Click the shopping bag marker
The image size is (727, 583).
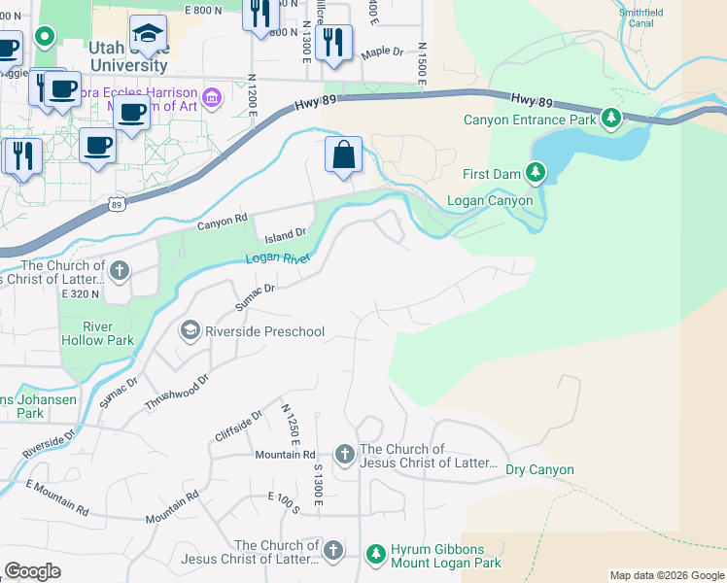[x=343, y=154]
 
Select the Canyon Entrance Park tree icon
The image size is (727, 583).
[x=610, y=120]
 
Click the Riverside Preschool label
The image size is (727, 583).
[x=264, y=331]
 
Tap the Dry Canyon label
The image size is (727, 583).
[x=539, y=470]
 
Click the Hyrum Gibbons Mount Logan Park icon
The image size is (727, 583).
[x=376, y=554]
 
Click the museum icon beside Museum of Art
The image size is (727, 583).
[x=212, y=97]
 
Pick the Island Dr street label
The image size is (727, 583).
[x=287, y=232]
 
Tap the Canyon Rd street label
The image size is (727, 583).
[x=223, y=223]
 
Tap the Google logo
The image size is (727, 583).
[x=32, y=571]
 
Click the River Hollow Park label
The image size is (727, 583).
[x=97, y=333]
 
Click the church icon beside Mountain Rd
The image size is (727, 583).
[x=344, y=454]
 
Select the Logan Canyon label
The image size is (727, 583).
[x=490, y=201]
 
